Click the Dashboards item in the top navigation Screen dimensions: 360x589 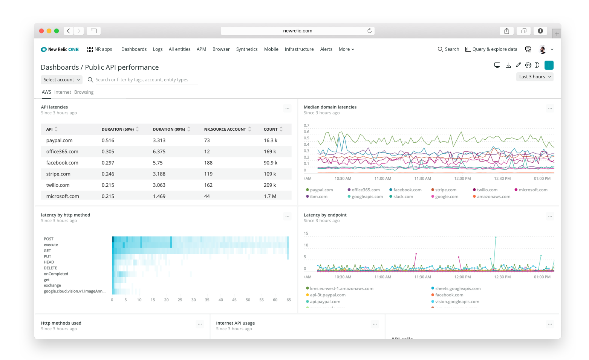(x=134, y=49)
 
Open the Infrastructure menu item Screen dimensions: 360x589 (x=299, y=49)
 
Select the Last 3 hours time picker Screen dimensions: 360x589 (x=534, y=77)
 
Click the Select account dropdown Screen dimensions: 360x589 (x=61, y=80)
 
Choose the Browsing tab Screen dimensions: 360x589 (x=84, y=92)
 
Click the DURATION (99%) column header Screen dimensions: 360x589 (x=169, y=130)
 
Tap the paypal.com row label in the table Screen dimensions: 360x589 (x=59, y=140)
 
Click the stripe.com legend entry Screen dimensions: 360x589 (x=445, y=190)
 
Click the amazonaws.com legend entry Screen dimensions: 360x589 (x=493, y=197)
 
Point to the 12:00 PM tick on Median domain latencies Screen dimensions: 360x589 (x=462, y=178)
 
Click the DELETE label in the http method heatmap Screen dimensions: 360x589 (x=50, y=268)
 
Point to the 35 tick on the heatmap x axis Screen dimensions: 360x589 (x=207, y=300)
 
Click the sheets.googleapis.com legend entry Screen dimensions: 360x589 (x=457, y=289)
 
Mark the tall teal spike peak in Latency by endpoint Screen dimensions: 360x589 (x=496, y=237)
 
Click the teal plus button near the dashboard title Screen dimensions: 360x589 (x=549, y=65)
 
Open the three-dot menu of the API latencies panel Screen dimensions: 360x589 (x=287, y=108)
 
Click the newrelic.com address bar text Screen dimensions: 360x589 (x=297, y=31)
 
